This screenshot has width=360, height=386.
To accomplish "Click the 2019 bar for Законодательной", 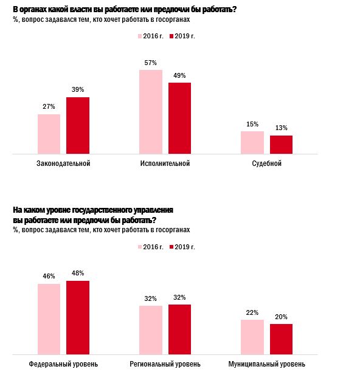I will tap(78, 125).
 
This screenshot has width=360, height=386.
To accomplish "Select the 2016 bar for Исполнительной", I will tap(151, 112).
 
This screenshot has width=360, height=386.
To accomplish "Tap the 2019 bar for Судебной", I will tap(281, 145).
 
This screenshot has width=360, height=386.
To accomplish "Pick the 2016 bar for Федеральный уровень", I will tap(49, 319).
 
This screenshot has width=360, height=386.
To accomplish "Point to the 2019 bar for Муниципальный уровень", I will tap(281, 339).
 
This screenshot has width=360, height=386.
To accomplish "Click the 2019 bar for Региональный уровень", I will tap(179, 329).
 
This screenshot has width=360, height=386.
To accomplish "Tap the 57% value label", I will tap(151, 63).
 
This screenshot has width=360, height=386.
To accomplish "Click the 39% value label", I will tap(78, 90).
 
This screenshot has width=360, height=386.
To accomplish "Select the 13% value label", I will tap(281, 128).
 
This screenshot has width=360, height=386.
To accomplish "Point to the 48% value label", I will tap(78, 273).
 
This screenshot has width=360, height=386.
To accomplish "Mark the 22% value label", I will tap(252, 312).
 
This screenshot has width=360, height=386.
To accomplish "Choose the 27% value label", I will tap(49, 107).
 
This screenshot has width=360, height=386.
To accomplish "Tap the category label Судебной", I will tap(266, 164).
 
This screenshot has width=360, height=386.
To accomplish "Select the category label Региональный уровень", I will tap(165, 364).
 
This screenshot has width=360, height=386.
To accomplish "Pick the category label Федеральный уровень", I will tap(63, 364).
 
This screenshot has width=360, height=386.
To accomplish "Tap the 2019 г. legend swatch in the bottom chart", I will tap(170, 246).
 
